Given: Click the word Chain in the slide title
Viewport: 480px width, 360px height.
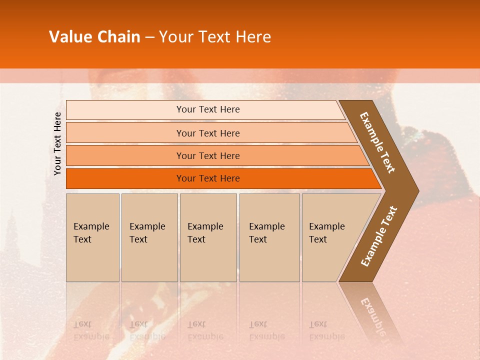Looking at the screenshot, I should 118,37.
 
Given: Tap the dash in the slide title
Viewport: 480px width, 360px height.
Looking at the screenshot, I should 149,37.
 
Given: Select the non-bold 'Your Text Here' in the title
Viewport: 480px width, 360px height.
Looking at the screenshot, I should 215,37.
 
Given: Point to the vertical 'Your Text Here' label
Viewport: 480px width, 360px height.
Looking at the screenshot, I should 57,143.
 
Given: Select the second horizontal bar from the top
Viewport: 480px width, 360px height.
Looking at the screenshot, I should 208,133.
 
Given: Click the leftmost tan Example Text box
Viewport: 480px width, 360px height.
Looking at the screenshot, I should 92,237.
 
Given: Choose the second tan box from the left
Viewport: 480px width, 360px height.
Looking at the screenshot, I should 149,237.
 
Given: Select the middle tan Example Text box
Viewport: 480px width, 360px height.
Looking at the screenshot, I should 208,237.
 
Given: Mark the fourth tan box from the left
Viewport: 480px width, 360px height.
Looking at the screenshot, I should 269,237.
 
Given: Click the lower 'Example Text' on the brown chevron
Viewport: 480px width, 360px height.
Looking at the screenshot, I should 379,236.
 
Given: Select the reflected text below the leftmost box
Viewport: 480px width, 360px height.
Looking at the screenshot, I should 91,330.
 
